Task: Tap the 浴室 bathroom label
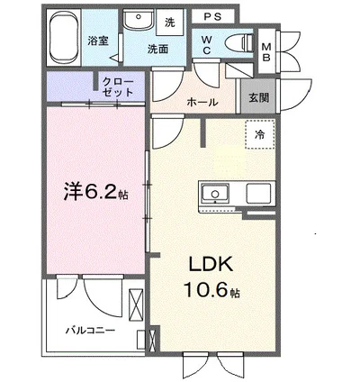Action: (x=98, y=41)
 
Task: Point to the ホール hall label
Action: (x=201, y=102)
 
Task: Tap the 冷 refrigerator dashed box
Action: (x=259, y=134)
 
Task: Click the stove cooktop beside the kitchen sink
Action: (x=256, y=193)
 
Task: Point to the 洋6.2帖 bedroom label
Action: (x=94, y=191)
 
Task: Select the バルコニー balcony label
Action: (x=89, y=331)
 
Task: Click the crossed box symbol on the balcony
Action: (x=137, y=304)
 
